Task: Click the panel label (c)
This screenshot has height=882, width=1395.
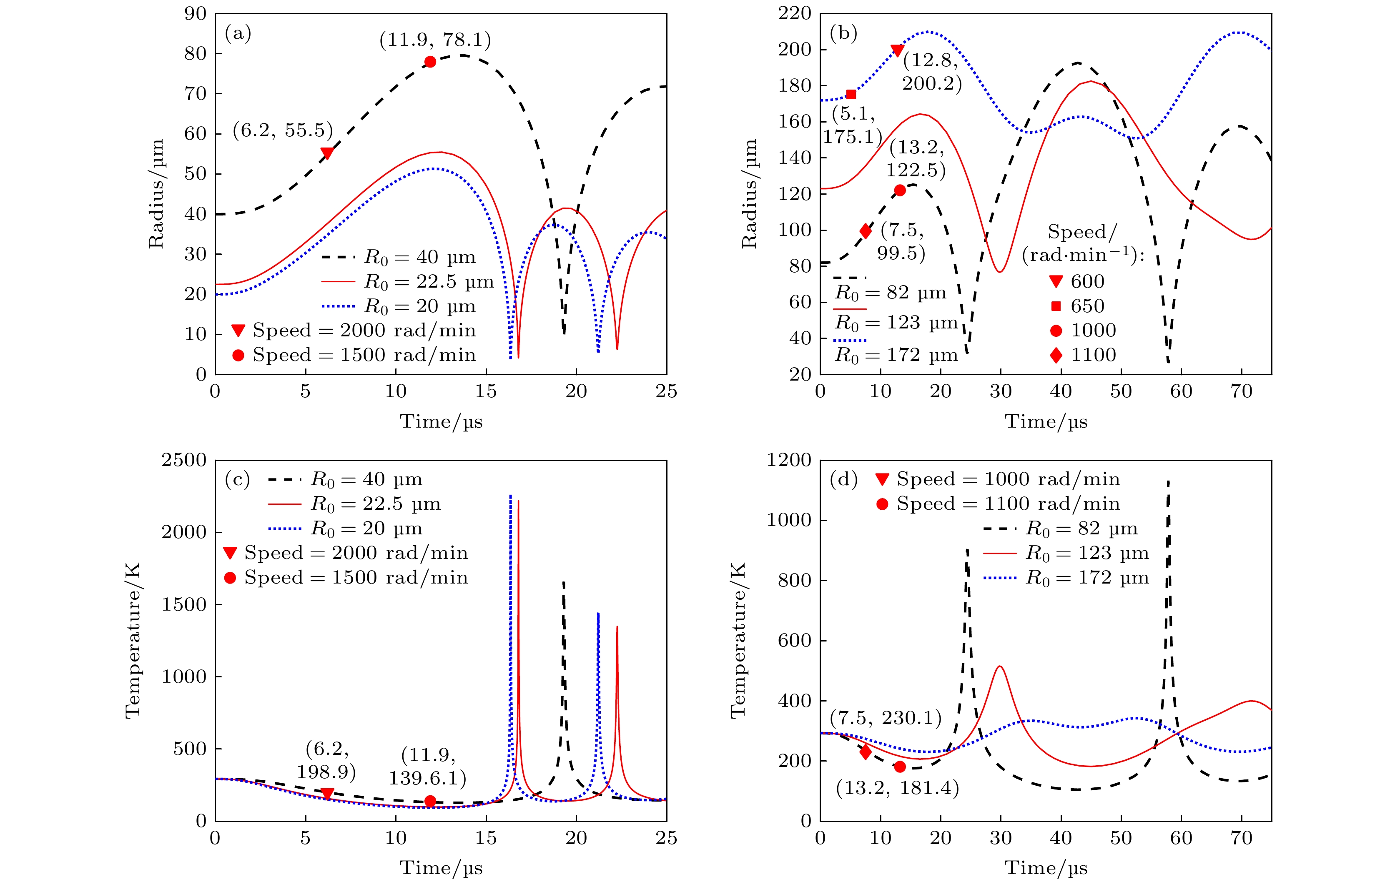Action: (237, 479)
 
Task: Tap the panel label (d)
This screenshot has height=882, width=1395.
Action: (843, 479)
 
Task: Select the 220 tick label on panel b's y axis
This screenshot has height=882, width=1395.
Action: (794, 13)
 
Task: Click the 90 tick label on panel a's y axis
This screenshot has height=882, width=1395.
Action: (195, 13)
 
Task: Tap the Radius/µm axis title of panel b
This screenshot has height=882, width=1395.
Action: (749, 194)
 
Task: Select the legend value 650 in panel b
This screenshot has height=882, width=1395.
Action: (1087, 306)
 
